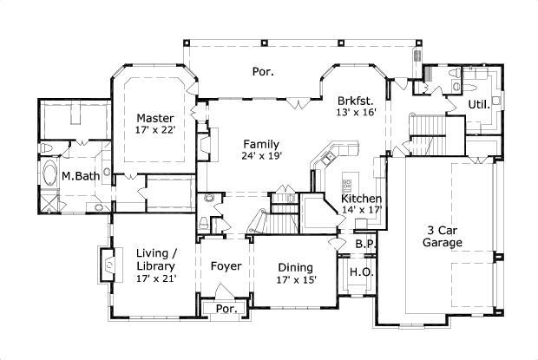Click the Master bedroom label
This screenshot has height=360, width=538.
coord(155,118)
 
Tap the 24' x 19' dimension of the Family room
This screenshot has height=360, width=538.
coord(260,157)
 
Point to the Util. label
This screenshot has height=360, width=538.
coord(478,104)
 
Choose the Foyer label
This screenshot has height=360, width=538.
coord(226,266)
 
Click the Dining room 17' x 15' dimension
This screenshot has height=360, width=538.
coord(297,280)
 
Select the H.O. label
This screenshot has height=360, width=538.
coord(360,273)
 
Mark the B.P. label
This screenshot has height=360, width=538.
coord(365,245)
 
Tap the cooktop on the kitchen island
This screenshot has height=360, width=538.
coord(347,183)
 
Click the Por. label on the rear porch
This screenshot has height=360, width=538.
coord(263,72)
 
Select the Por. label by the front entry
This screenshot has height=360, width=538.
coord(226,309)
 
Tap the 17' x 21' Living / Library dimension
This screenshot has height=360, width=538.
coord(156,278)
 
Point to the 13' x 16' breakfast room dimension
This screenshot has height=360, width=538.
coord(356,112)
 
